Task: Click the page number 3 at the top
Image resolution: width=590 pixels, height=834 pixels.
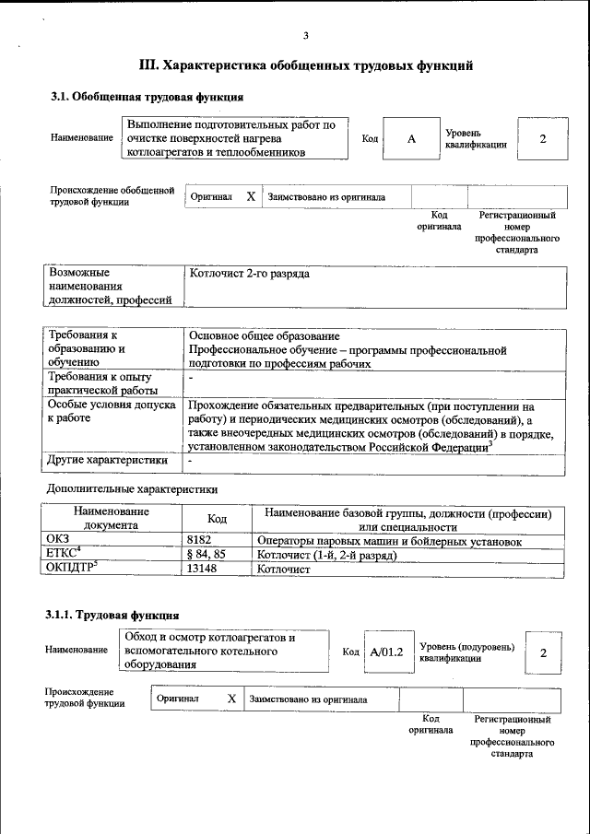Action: pos(306,36)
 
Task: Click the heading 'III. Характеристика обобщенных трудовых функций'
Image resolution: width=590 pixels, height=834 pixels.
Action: pos(306,65)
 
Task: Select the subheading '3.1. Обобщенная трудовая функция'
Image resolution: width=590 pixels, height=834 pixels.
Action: pos(147,97)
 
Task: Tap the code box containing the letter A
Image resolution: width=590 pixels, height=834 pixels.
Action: pos(412,138)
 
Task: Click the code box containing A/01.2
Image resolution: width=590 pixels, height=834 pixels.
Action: pos(386,652)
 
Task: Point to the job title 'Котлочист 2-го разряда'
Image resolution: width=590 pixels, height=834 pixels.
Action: pos(249,274)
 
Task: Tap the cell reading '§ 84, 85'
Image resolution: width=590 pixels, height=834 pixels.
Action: pos(206,556)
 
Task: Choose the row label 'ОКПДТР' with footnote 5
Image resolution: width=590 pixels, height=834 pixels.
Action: pos(72,569)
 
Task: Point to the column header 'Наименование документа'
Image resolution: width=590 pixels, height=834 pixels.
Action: pos(111,518)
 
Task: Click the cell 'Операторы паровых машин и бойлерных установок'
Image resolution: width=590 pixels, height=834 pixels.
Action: pos(390,542)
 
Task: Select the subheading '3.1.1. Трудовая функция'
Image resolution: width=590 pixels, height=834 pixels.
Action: pos(112,615)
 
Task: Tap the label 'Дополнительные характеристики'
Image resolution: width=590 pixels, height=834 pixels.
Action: pos(133,488)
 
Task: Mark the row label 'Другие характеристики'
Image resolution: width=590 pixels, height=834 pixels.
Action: pos(108,459)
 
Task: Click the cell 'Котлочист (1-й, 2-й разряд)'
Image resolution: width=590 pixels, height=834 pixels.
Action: pos(326,556)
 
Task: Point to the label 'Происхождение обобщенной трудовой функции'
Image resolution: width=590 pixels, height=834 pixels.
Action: pos(112,196)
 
